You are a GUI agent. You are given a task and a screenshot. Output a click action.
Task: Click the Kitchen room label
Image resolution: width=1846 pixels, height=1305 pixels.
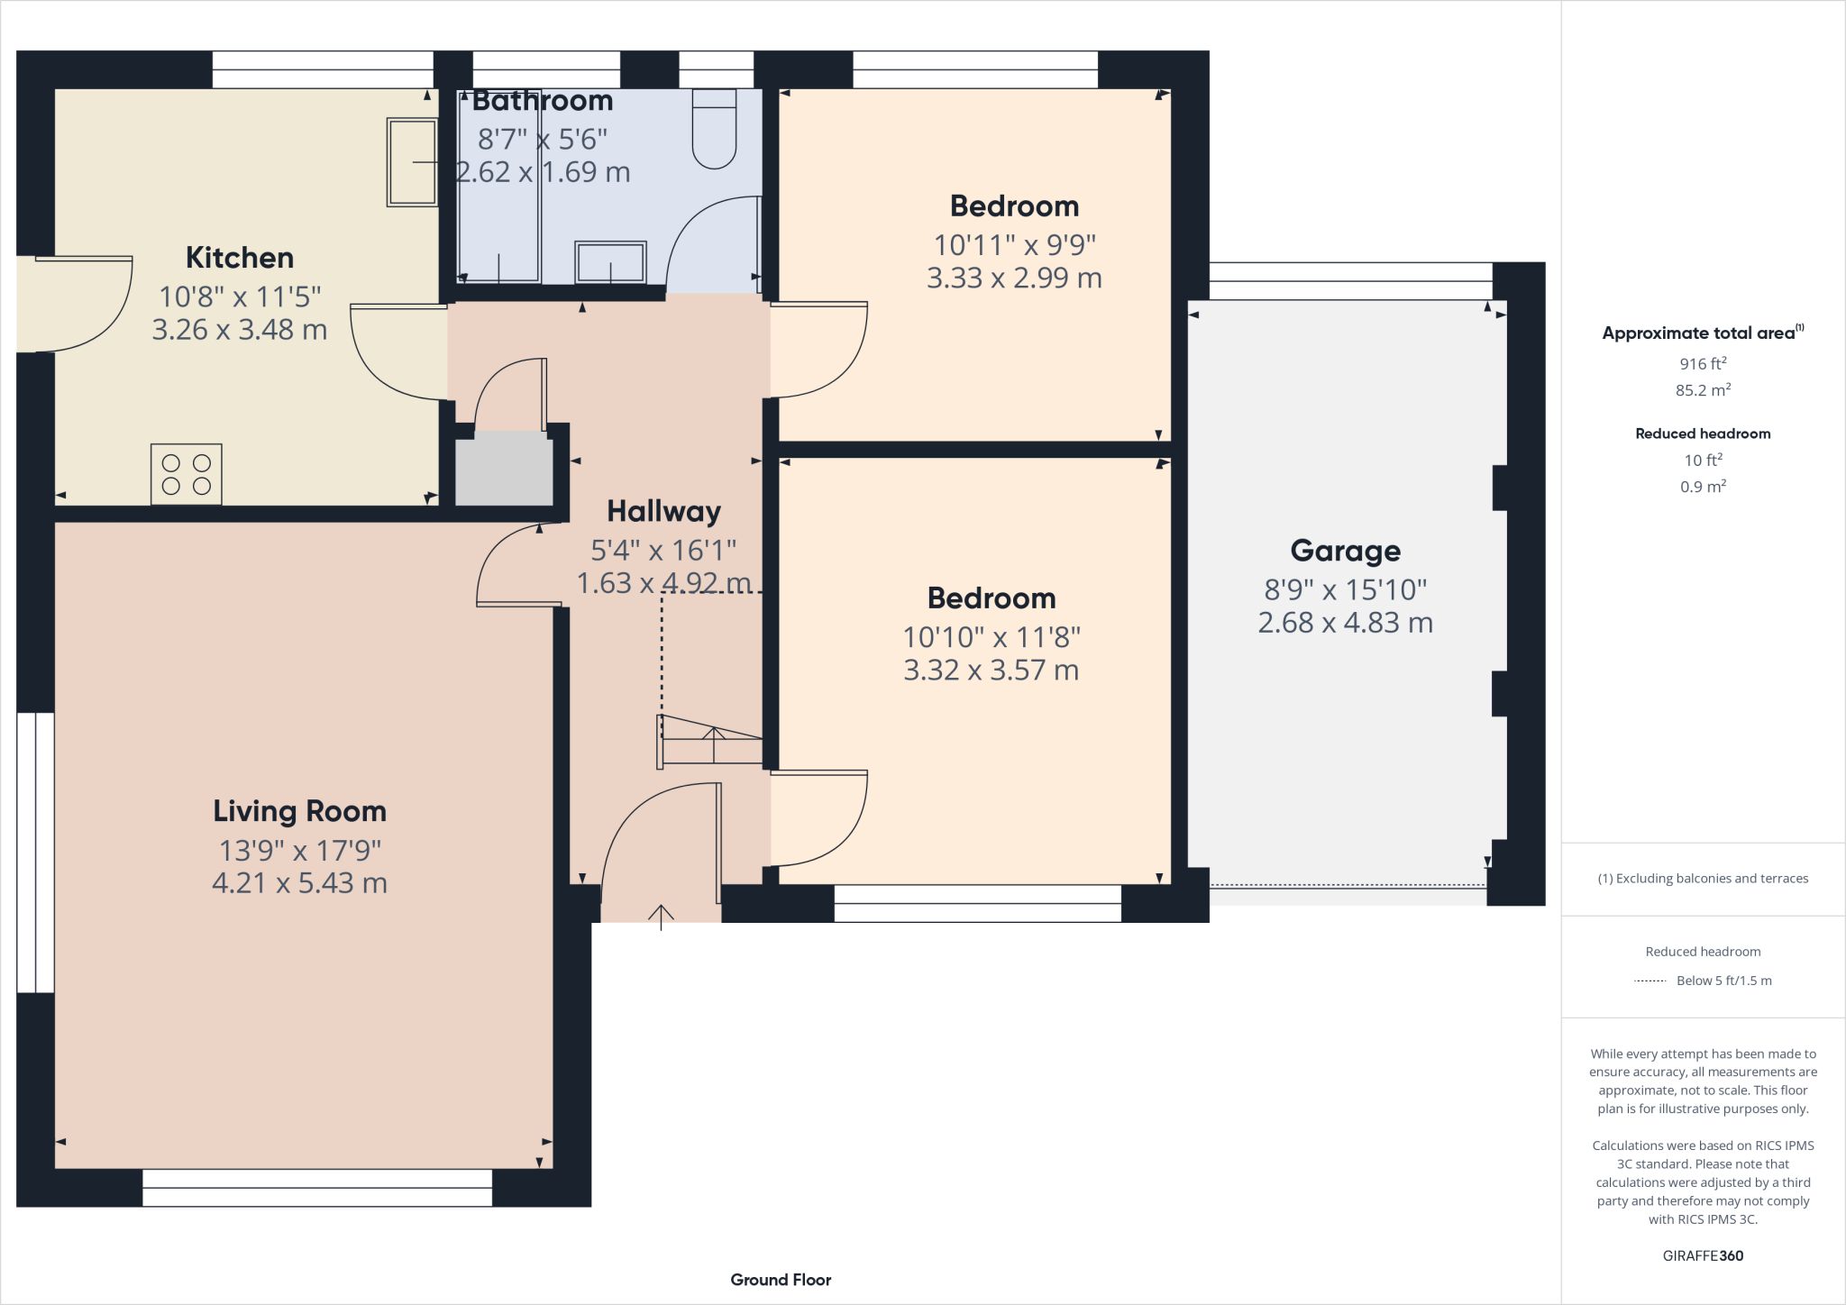pos(240,258)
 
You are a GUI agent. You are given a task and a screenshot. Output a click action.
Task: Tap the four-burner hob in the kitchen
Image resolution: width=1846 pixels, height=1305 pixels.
pos(187,474)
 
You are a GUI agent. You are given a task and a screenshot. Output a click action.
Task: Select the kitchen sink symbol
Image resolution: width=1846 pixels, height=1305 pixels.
pos(413,162)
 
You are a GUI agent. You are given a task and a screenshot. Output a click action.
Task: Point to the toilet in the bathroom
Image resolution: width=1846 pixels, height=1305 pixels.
pos(714,132)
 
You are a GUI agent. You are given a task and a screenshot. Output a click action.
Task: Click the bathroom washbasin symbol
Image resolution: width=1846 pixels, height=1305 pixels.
pos(610,263)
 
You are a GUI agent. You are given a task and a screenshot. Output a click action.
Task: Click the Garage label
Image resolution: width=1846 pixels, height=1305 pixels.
pos(1345,551)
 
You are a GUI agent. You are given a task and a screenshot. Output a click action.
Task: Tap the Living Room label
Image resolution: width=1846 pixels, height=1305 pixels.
pos(299,811)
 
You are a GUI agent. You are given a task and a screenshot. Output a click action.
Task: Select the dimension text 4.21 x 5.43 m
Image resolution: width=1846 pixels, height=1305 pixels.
pos(299,883)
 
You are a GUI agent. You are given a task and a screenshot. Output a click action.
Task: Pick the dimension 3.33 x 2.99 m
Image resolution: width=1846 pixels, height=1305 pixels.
pos(1014,278)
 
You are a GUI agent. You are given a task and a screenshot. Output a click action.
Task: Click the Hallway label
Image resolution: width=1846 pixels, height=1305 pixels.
pos(663,512)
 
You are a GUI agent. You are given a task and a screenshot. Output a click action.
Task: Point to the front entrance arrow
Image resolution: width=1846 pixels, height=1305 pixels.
pos(661,917)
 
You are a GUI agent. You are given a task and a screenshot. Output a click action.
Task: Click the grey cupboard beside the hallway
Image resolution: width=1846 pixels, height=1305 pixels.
pos(504,470)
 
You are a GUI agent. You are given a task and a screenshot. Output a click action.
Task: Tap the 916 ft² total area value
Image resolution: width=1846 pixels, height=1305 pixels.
pos(1702,364)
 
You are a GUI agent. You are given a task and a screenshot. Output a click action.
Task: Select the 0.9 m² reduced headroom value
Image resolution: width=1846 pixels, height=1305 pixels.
pos(1702,487)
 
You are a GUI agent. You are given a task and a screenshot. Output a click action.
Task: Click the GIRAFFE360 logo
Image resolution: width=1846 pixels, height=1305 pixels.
pos(1702,1255)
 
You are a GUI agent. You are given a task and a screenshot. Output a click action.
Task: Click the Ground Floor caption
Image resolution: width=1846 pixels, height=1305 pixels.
pos(781,1280)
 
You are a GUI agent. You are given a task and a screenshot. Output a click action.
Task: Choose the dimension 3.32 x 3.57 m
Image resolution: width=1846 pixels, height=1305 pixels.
pos(991,671)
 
